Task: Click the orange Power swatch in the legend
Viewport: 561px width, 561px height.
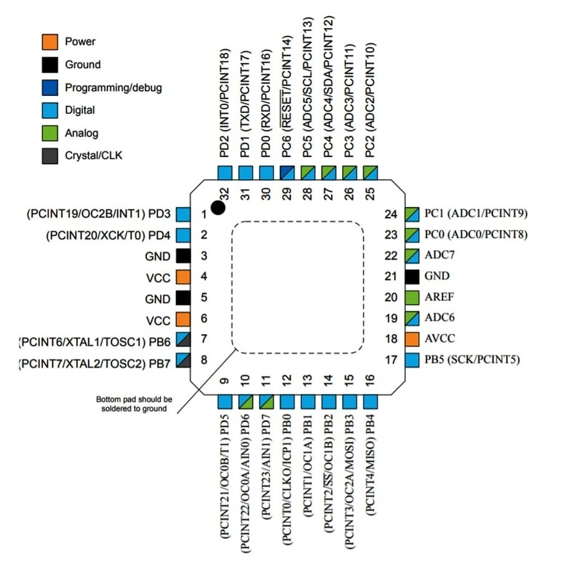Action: [50, 42]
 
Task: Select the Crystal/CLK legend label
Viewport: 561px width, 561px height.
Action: [93, 155]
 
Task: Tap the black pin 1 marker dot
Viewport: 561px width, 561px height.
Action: [218, 208]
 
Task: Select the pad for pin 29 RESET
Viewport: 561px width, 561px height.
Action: [287, 173]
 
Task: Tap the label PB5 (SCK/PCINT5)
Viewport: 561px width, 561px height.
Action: [472, 359]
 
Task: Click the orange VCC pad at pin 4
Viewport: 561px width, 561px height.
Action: [183, 277]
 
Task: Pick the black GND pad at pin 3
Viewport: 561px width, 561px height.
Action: [183, 256]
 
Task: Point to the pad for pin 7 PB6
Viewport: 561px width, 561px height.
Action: [183, 340]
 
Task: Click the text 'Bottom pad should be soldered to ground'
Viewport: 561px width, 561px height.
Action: [133, 403]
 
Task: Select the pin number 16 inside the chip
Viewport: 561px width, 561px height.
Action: [370, 380]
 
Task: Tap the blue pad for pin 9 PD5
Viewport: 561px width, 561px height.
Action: [225, 402]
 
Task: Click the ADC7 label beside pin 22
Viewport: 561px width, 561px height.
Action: [440, 256]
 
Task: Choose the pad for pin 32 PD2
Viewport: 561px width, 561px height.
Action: [225, 173]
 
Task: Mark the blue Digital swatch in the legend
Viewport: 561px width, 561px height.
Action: [50, 110]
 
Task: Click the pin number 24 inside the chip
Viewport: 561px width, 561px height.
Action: [391, 214]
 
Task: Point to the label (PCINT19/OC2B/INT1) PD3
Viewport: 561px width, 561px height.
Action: [98, 214]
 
